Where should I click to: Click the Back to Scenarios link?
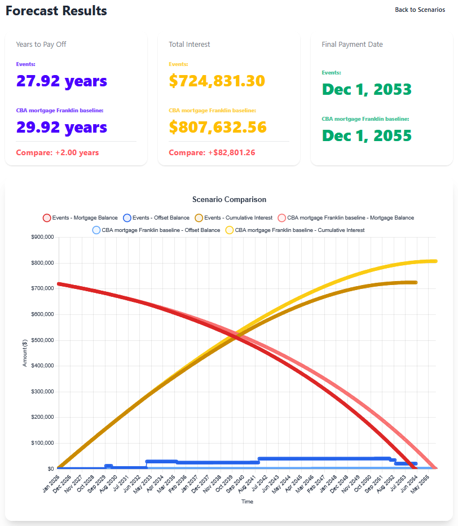click(x=420, y=10)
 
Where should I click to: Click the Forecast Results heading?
click(x=56, y=11)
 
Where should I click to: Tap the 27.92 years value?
click(x=61, y=81)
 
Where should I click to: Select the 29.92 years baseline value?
click(x=61, y=127)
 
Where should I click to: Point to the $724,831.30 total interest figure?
click(x=217, y=81)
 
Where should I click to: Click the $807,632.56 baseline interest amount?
click(x=218, y=127)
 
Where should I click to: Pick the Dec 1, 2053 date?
click(x=367, y=89)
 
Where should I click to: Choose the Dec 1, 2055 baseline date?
click(x=367, y=135)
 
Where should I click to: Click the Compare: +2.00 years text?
click(x=58, y=152)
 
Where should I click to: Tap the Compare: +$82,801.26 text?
click(x=212, y=152)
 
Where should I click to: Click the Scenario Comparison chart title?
click(x=230, y=199)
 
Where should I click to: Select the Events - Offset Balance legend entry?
click(x=156, y=218)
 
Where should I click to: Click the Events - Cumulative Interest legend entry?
click(x=234, y=218)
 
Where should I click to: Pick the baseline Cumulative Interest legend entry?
click(x=295, y=230)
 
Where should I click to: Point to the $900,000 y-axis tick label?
click(x=42, y=237)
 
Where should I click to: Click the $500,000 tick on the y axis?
click(x=42, y=340)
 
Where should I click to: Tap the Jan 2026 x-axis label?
click(x=51, y=484)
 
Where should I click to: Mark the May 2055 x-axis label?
click(x=420, y=484)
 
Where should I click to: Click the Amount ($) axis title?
click(x=25, y=353)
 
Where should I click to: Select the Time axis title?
click(x=248, y=502)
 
